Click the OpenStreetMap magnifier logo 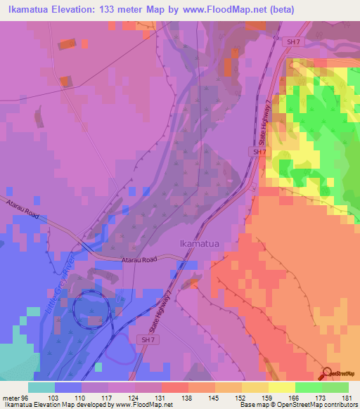point(328,374)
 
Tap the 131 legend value point(162,398)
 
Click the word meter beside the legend point(11,398)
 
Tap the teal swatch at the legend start point(41,387)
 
